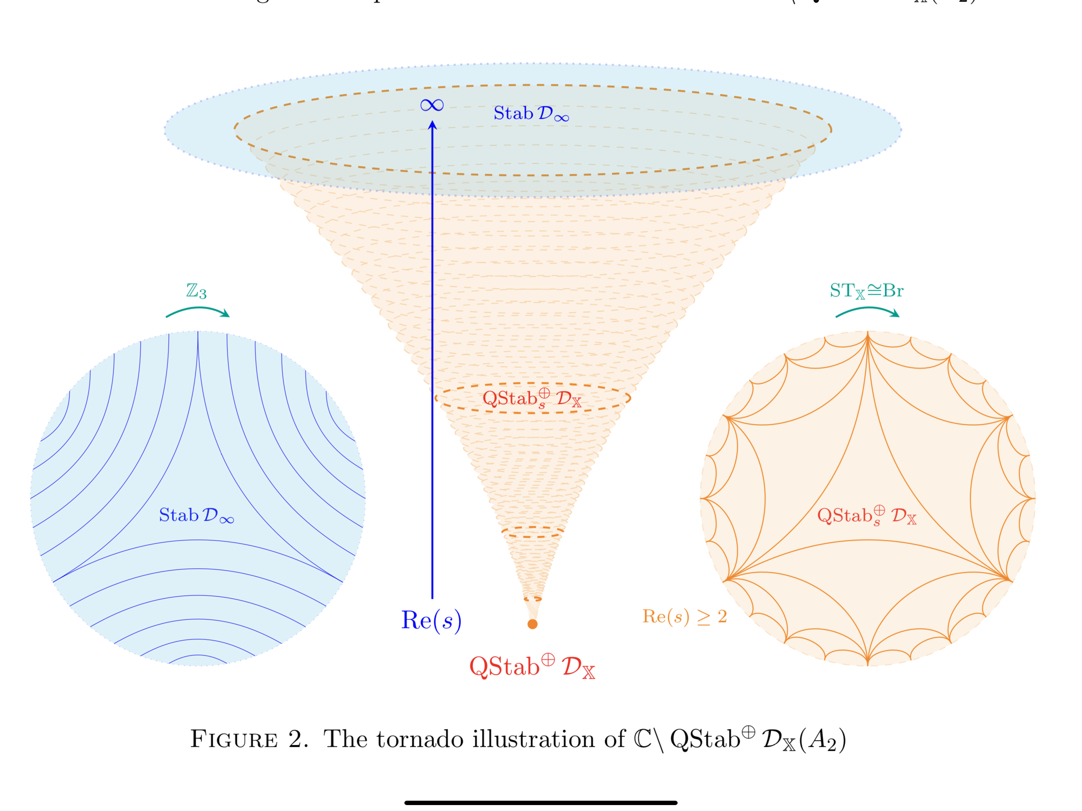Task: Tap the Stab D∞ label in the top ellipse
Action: pos(531,114)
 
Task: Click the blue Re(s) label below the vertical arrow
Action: pos(431,620)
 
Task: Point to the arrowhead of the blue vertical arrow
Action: pos(432,126)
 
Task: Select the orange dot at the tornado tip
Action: pos(533,624)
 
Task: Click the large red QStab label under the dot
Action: pos(532,667)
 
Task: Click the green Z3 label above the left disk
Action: pos(196,291)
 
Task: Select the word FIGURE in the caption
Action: pos(234,739)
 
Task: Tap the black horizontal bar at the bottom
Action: pos(541,803)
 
